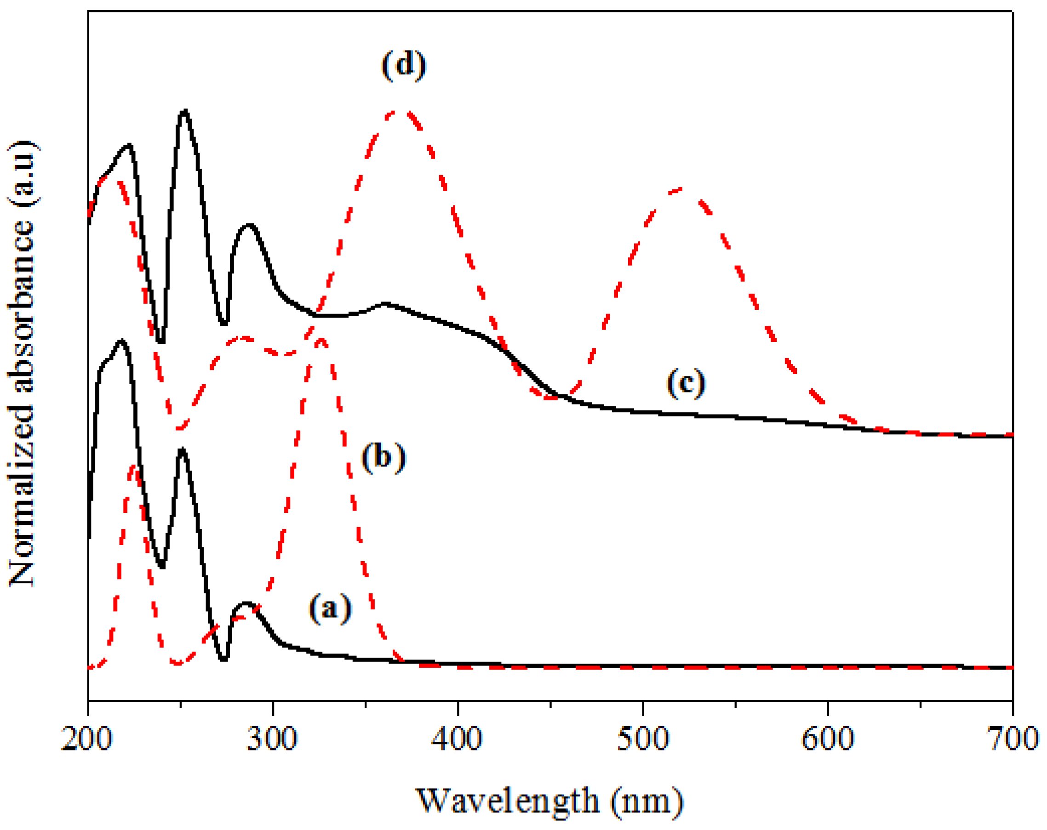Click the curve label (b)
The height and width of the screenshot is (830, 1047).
point(383,457)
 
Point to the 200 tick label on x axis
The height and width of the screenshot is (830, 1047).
point(87,739)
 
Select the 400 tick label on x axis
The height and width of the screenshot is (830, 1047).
point(458,739)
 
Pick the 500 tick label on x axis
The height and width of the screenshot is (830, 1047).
point(642,739)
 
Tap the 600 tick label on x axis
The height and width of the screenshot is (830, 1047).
point(828,739)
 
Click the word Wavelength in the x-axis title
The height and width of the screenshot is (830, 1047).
point(508,801)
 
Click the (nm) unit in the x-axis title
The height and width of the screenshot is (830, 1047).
point(647,801)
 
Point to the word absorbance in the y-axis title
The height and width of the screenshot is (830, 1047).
point(22,306)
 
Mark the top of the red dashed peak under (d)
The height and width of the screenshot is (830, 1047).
point(398,112)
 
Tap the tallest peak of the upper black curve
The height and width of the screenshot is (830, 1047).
point(184,111)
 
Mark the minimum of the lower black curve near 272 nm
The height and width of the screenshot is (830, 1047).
point(223,659)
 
